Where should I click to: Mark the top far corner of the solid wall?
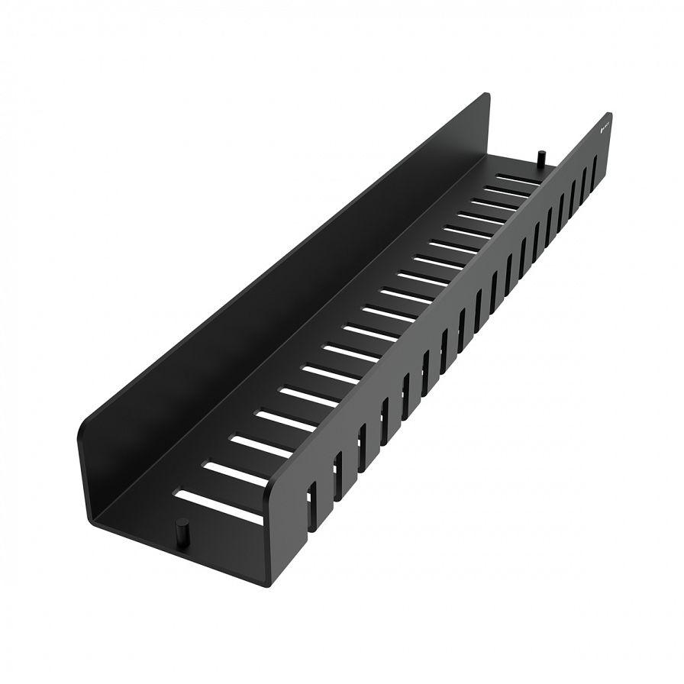click(x=487, y=94)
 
